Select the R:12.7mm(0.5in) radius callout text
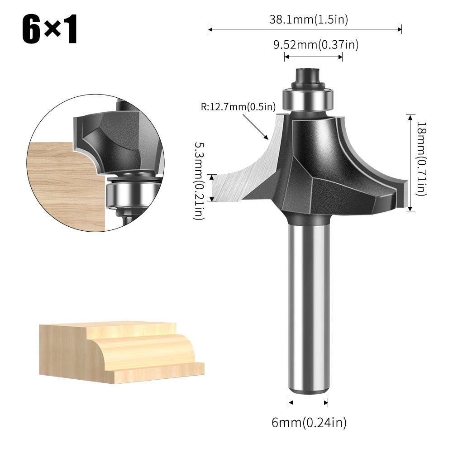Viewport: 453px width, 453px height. (x=238, y=107)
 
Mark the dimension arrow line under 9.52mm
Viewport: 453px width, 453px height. (x=313, y=57)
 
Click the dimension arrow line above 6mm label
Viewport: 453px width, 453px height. (x=309, y=402)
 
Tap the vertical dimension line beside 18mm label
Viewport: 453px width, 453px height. (x=410, y=162)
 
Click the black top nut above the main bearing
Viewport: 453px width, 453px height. (x=307, y=77)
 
